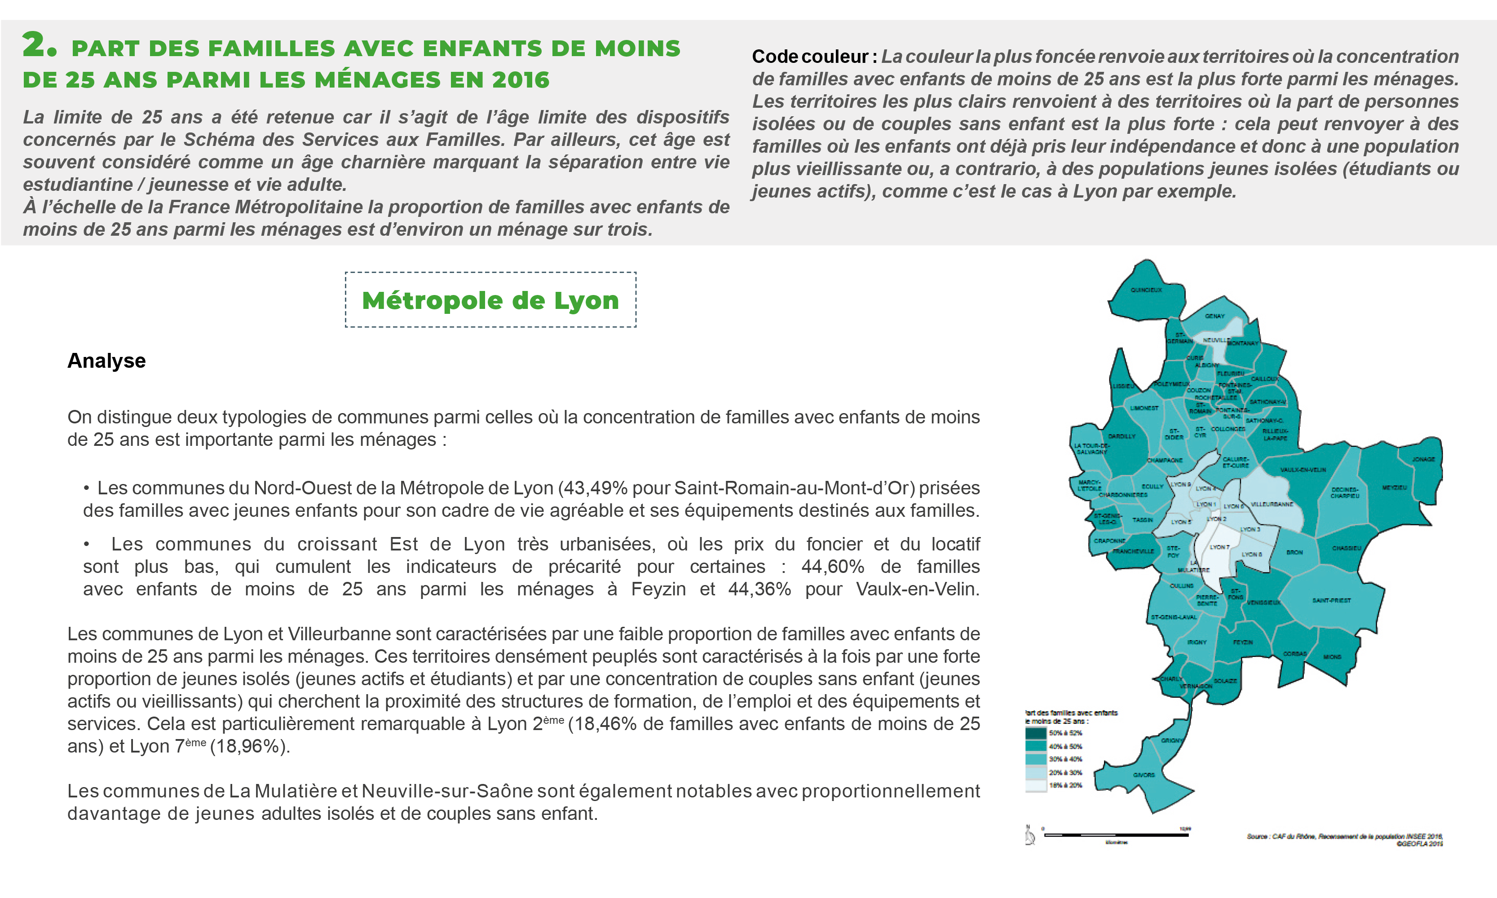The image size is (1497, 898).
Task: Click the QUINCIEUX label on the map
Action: coord(1146,290)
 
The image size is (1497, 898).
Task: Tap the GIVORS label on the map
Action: coord(1144,775)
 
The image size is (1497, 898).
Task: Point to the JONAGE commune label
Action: coord(1423,459)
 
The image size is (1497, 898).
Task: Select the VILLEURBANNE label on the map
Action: coord(1272,504)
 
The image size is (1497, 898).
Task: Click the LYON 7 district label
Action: coord(1219,547)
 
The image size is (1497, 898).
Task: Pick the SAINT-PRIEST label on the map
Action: coord(1331,600)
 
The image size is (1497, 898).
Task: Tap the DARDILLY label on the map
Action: coord(1122,436)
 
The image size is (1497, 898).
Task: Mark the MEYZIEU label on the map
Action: coord(1394,487)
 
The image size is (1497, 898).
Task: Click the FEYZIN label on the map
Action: coord(1243,642)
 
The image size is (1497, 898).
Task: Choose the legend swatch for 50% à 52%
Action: coord(1036,733)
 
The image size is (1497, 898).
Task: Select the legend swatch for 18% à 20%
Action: coord(1036,785)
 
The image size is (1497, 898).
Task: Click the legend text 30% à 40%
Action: coord(1065,759)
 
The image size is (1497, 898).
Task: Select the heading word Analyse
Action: coord(106,361)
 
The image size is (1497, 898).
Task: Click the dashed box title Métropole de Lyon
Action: coord(490,300)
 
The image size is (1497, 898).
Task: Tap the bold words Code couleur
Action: coord(810,56)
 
